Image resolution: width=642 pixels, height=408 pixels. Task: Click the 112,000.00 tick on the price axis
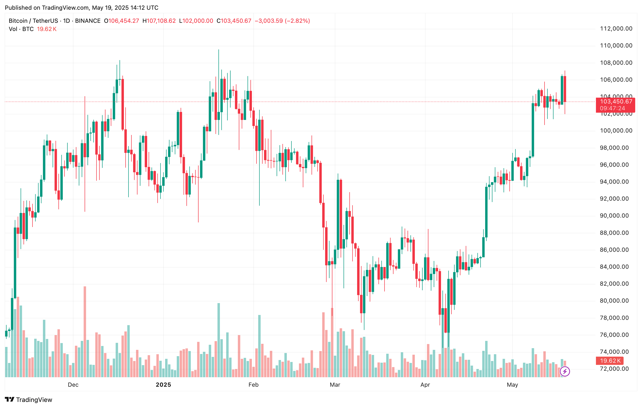pyautogui.click(x=616, y=29)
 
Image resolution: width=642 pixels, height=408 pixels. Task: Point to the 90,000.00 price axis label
pyautogui.click(x=616, y=216)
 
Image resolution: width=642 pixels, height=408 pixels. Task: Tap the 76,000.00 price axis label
pyautogui.click(x=616, y=335)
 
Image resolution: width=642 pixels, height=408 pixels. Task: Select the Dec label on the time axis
pyautogui.click(x=73, y=384)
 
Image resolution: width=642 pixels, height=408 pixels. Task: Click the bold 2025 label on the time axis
pyautogui.click(x=163, y=384)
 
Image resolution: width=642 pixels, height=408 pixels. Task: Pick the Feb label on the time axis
pyautogui.click(x=253, y=384)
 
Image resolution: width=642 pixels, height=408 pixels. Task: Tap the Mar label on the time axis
pyautogui.click(x=335, y=384)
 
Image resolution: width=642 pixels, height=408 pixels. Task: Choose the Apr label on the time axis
pyautogui.click(x=425, y=384)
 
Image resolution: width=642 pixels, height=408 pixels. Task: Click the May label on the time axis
pyautogui.click(x=512, y=384)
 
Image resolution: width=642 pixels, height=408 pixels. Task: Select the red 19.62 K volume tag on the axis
pyautogui.click(x=610, y=361)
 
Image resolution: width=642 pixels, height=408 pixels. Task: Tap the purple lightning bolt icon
pyautogui.click(x=565, y=371)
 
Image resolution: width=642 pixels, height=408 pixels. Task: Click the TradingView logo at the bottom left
pyautogui.click(x=29, y=400)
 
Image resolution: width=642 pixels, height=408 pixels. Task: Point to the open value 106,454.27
pyautogui.click(x=124, y=21)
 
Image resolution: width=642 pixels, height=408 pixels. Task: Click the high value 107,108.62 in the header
pyautogui.click(x=161, y=21)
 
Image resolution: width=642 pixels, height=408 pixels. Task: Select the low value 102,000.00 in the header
pyautogui.click(x=198, y=21)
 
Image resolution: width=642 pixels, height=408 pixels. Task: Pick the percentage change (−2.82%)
pyautogui.click(x=297, y=21)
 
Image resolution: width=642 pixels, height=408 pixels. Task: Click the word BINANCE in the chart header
pyautogui.click(x=88, y=21)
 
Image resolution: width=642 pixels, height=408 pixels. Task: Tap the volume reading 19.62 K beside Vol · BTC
pyautogui.click(x=47, y=29)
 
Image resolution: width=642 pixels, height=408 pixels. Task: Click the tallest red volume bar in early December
pyautogui.click(x=85, y=331)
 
